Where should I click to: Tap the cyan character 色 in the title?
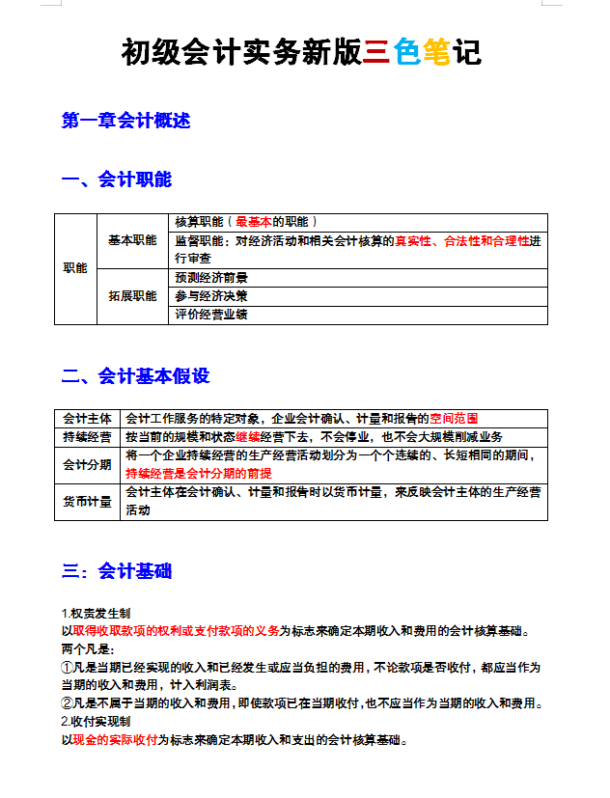(x=407, y=52)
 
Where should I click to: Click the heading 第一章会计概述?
(x=126, y=121)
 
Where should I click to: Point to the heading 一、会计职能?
(x=117, y=179)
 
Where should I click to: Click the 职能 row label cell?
(x=75, y=268)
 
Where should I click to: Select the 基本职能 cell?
(x=132, y=240)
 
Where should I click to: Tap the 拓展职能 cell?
(x=132, y=296)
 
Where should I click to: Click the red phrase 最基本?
(x=254, y=222)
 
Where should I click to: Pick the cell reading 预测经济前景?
(x=211, y=278)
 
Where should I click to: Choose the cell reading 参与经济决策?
(x=211, y=296)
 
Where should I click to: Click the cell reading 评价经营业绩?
(x=211, y=315)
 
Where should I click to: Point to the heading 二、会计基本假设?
(x=136, y=376)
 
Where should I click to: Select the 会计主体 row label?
(x=87, y=419)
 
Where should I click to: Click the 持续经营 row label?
(x=87, y=437)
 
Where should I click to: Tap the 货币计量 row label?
(x=87, y=502)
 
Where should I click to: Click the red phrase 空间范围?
(x=454, y=419)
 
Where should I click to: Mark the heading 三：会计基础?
(x=117, y=571)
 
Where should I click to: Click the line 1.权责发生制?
(x=96, y=614)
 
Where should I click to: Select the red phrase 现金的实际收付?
(x=114, y=741)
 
